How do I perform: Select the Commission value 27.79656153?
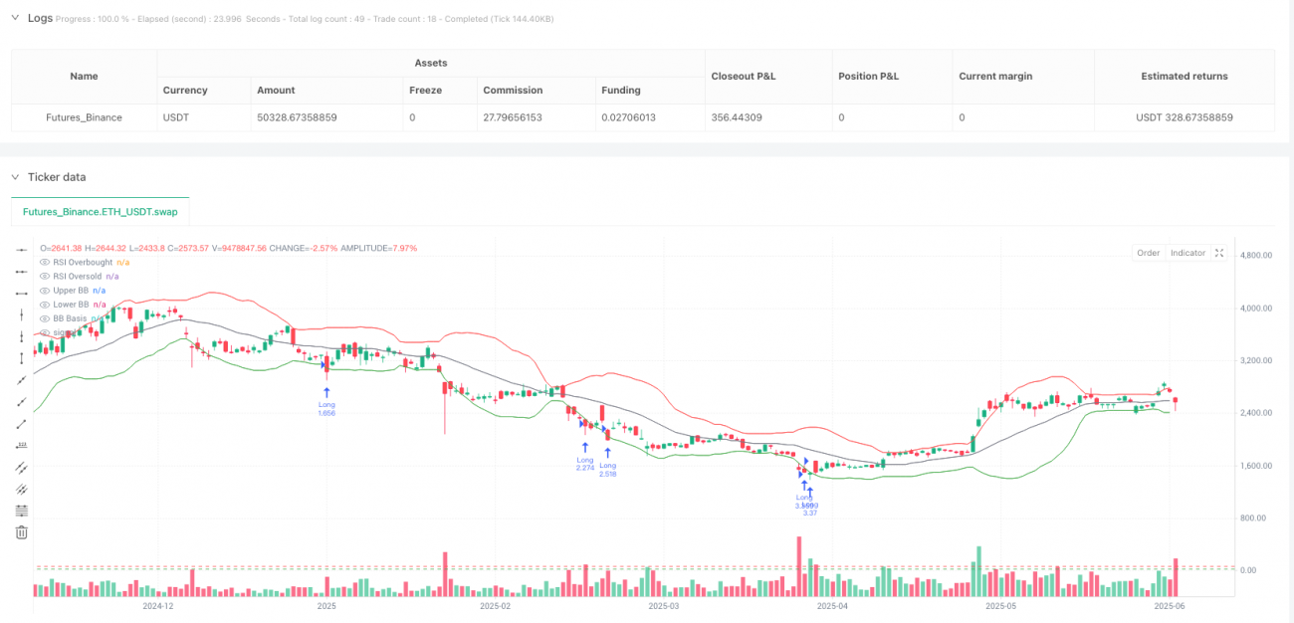[521, 117]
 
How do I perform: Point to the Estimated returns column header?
[1184, 76]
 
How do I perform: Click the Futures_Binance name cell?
[84, 117]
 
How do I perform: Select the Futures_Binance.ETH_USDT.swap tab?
[100, 212]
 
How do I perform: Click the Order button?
[1149, 253]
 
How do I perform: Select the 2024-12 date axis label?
[158, 605]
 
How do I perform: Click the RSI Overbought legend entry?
[75, 262]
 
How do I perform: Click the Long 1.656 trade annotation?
[326, 409]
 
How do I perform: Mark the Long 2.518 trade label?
[607, 470]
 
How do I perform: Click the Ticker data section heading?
[57, 177]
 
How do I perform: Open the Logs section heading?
[40, 18]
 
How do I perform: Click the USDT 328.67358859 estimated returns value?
[1184, 117]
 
